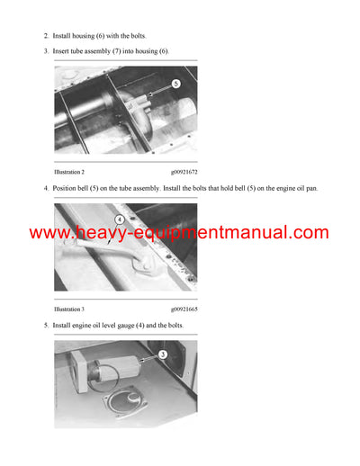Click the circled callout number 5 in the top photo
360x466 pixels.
176,84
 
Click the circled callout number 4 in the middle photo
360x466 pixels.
119,219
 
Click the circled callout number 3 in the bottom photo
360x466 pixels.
163,355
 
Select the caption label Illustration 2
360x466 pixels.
69,170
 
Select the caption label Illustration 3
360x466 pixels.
69,309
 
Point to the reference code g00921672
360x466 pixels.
184,170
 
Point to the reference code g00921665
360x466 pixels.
184,309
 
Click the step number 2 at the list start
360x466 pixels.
46,35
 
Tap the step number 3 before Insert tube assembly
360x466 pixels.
46,51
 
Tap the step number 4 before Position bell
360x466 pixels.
46,188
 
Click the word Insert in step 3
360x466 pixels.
63,51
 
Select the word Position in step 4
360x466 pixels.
67,188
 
